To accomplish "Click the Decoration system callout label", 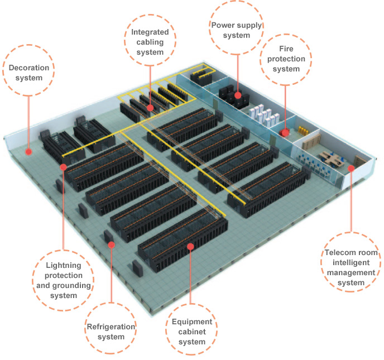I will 29,73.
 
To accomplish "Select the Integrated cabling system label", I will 150,42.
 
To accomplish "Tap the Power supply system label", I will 237,30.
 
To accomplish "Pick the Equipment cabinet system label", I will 191,332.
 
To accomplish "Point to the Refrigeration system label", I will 111,332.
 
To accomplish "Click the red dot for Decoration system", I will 28,151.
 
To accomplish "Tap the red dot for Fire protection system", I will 285,133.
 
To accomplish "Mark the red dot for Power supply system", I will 238,95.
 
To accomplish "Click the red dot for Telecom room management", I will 351,167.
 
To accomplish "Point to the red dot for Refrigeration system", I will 112,244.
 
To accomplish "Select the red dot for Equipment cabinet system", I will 191,246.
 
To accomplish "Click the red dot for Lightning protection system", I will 63,166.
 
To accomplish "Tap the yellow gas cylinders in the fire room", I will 304,131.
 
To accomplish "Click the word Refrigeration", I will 111,327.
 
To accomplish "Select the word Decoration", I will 29,68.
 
